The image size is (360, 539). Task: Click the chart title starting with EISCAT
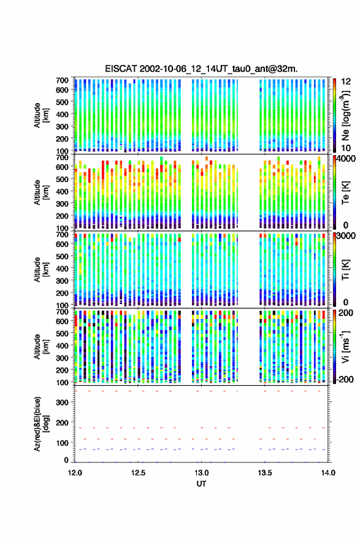pyautogui.click(x=201, y=69)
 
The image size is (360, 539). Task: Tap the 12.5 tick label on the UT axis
pyautogui.click(x=138, y=473)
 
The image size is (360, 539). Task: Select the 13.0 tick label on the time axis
pyautogui.click(x=202, y=473)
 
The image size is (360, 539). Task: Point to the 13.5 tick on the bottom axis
pyautogui.click(x=265, y=473)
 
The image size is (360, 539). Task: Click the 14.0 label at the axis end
pyautogui.click(x=328, y=473)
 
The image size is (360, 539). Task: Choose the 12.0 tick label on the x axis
pyautogui.click(x=75, y=473)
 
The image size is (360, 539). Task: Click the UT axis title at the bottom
pyautogui.click(x=202, y=484)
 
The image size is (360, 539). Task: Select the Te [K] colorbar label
pyautogui.click(x=345, y=193)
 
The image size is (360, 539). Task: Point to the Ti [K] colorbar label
pyautogui.click(x=345, y=270)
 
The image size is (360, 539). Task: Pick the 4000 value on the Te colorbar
pyautogui.click(x=347, y=159)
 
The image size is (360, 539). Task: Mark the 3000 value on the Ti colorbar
pyautogui.click(x=347, y=236)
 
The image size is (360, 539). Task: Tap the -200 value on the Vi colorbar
pyautogui.click(x=345, y=379)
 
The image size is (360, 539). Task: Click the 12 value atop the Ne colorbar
pyautogui.click(x=346, y=82)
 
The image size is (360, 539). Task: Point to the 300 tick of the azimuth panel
pyautogui.click(x=62, y=402)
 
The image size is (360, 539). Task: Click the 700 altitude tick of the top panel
pyautogui.click(x=62, y=80)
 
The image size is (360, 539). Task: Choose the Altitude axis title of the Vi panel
pyautogui.click(x=41, y=346)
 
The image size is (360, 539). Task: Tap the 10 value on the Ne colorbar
pyautogui.click(x=346, y=148)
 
